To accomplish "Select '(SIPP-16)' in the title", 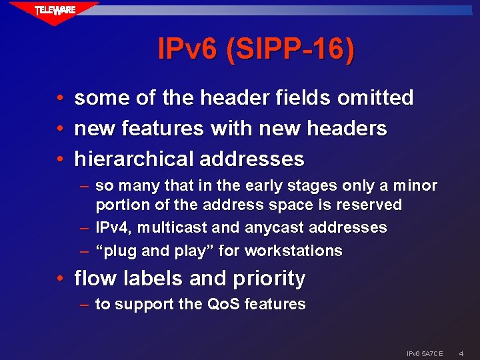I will point(291,49).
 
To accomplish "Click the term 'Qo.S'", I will point(223,305).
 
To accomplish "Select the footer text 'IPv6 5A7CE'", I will point(425,351).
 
